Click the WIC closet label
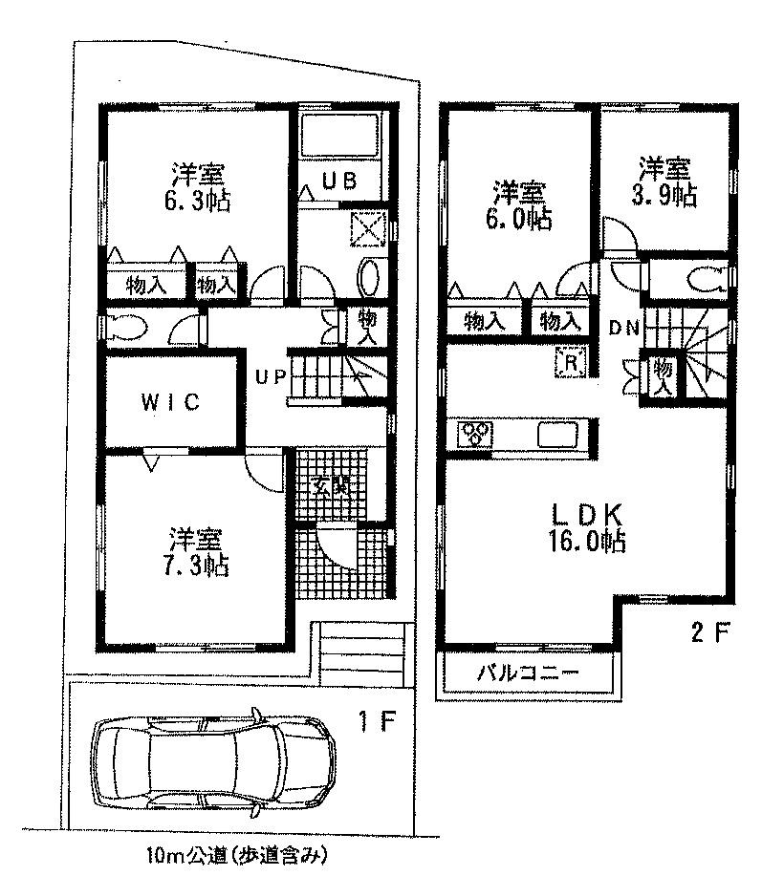(x=172, y=401)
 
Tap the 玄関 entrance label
(x=331, y=486)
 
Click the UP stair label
(x=268, y=376)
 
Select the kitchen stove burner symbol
(x=474, y=435)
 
